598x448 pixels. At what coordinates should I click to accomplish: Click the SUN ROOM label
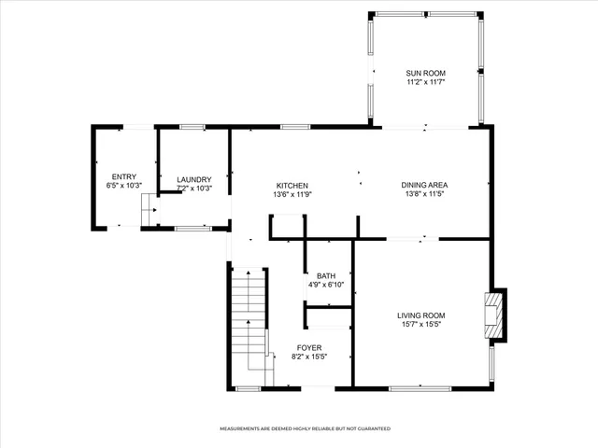[x=425, y=73]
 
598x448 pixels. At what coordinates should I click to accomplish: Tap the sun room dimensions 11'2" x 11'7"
[x=425, y=82]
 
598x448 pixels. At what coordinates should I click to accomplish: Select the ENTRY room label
[x=124, y=176]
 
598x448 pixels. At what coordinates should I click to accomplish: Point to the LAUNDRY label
[x=194, y=180]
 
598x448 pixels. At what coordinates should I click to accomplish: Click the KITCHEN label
[x=292, y=186]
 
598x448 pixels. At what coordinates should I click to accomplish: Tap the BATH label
[x=326, y=276]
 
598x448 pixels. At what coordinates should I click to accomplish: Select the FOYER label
[x=309, y=347]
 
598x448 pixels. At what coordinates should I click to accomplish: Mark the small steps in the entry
[x=148, y=214]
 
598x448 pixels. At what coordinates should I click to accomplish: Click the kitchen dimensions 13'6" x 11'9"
[x=292, y=195]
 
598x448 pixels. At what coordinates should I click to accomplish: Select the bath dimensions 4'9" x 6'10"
[x=326, y=285]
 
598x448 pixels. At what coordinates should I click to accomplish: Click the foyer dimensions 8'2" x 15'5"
[x=309, y=357]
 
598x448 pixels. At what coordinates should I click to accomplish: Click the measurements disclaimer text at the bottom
[x=305, y=428]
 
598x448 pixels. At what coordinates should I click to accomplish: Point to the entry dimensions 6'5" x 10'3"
[x=124, y=186]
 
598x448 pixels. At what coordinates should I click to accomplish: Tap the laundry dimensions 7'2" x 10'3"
[x=194, y=189]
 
